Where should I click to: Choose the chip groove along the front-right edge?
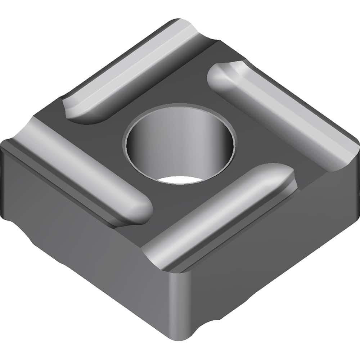pos(223,212)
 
